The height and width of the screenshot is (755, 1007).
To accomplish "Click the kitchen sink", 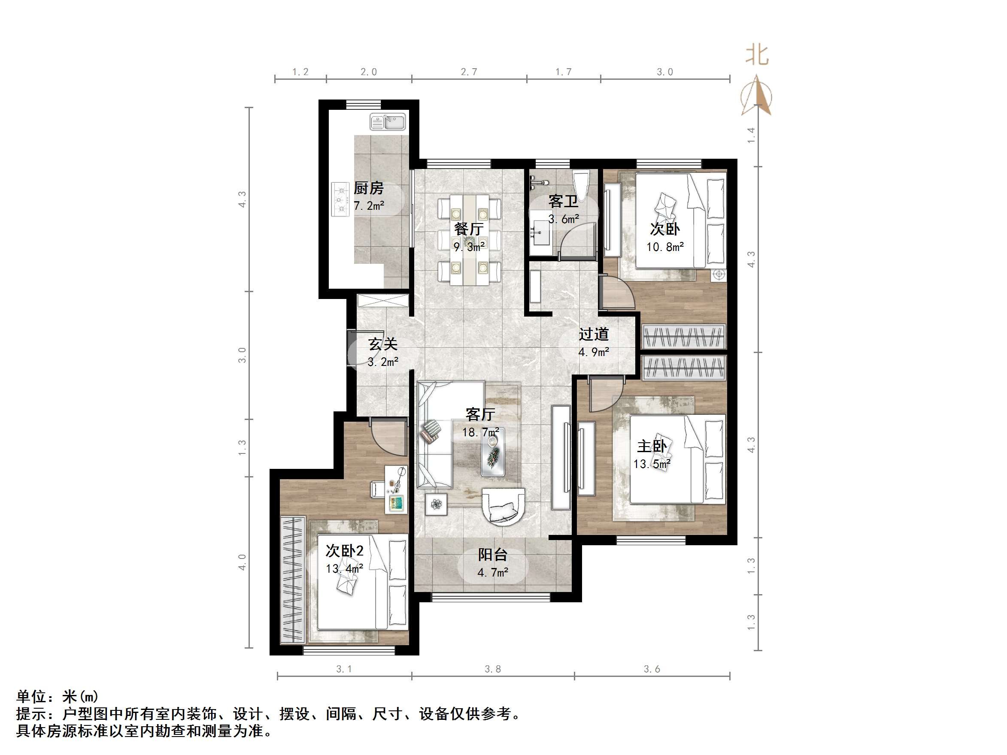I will click(388, 122).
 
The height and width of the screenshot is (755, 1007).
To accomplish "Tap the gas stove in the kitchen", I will click(340, 199).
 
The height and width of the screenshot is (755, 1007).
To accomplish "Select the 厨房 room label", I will click(368, 188).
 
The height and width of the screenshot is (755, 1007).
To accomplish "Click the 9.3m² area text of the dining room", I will click(469, 247).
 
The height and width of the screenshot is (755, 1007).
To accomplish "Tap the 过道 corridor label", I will click(594, 335).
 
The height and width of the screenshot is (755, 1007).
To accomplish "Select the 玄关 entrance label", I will click(383, 344).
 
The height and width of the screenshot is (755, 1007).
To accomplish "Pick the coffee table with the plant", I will click(493, 453).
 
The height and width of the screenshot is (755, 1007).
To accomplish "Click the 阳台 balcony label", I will click(493, 555).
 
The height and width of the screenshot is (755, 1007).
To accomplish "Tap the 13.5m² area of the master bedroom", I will click(652, 464).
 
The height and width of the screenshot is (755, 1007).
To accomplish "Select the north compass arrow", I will click(756, 96).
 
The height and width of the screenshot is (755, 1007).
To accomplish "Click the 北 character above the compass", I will click(757, 55).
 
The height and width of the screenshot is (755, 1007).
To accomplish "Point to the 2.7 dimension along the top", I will click(469, 72).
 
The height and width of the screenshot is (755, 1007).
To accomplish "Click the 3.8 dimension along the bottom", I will click(493, 669).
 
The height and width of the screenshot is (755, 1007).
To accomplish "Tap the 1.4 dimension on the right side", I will click(751, 135).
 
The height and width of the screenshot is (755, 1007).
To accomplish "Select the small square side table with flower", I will click(436, 504).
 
